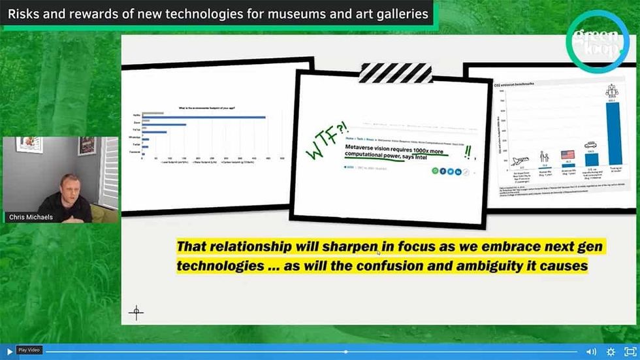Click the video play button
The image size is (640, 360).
point(8,352)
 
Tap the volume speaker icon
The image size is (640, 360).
point(591,352)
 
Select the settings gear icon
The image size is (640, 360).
point(611,352)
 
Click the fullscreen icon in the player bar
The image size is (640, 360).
point(630,352)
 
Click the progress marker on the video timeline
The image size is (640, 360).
point(346,352)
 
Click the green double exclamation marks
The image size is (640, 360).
point(468,152)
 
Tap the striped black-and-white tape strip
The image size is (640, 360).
point(395,73)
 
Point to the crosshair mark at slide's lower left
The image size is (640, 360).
point(136,312)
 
